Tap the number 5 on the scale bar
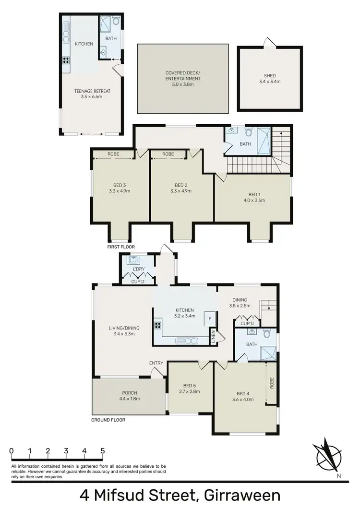tap(102, 451)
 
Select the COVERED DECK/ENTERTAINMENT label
tap(183, 79)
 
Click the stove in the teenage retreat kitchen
tap(66, 60)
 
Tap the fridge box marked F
tap(209, 318)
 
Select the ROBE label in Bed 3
tap(114, 154)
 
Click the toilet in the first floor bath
tap(248, 131)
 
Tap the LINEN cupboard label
tap(213, 336)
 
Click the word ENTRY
tap(156, 363)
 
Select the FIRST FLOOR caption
tap(121, 247)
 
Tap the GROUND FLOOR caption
tap(108, 420)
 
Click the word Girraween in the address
tap(241, 495)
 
